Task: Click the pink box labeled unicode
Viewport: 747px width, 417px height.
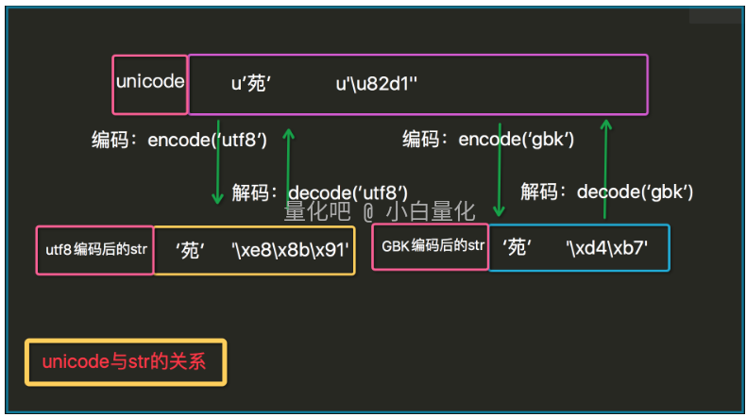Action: point(150,82)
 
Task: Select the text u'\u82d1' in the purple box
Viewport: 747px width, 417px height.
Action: point(377,83)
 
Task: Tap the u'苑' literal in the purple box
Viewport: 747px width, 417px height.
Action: point(252,83)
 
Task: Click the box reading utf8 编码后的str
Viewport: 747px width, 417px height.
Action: point(94,251)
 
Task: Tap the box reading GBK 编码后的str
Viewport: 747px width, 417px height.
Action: point(431,247)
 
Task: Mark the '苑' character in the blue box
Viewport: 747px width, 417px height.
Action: point(518,248)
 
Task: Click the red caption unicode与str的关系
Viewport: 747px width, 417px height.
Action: point(125,363)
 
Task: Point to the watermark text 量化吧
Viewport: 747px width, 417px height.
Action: point(317,212)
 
